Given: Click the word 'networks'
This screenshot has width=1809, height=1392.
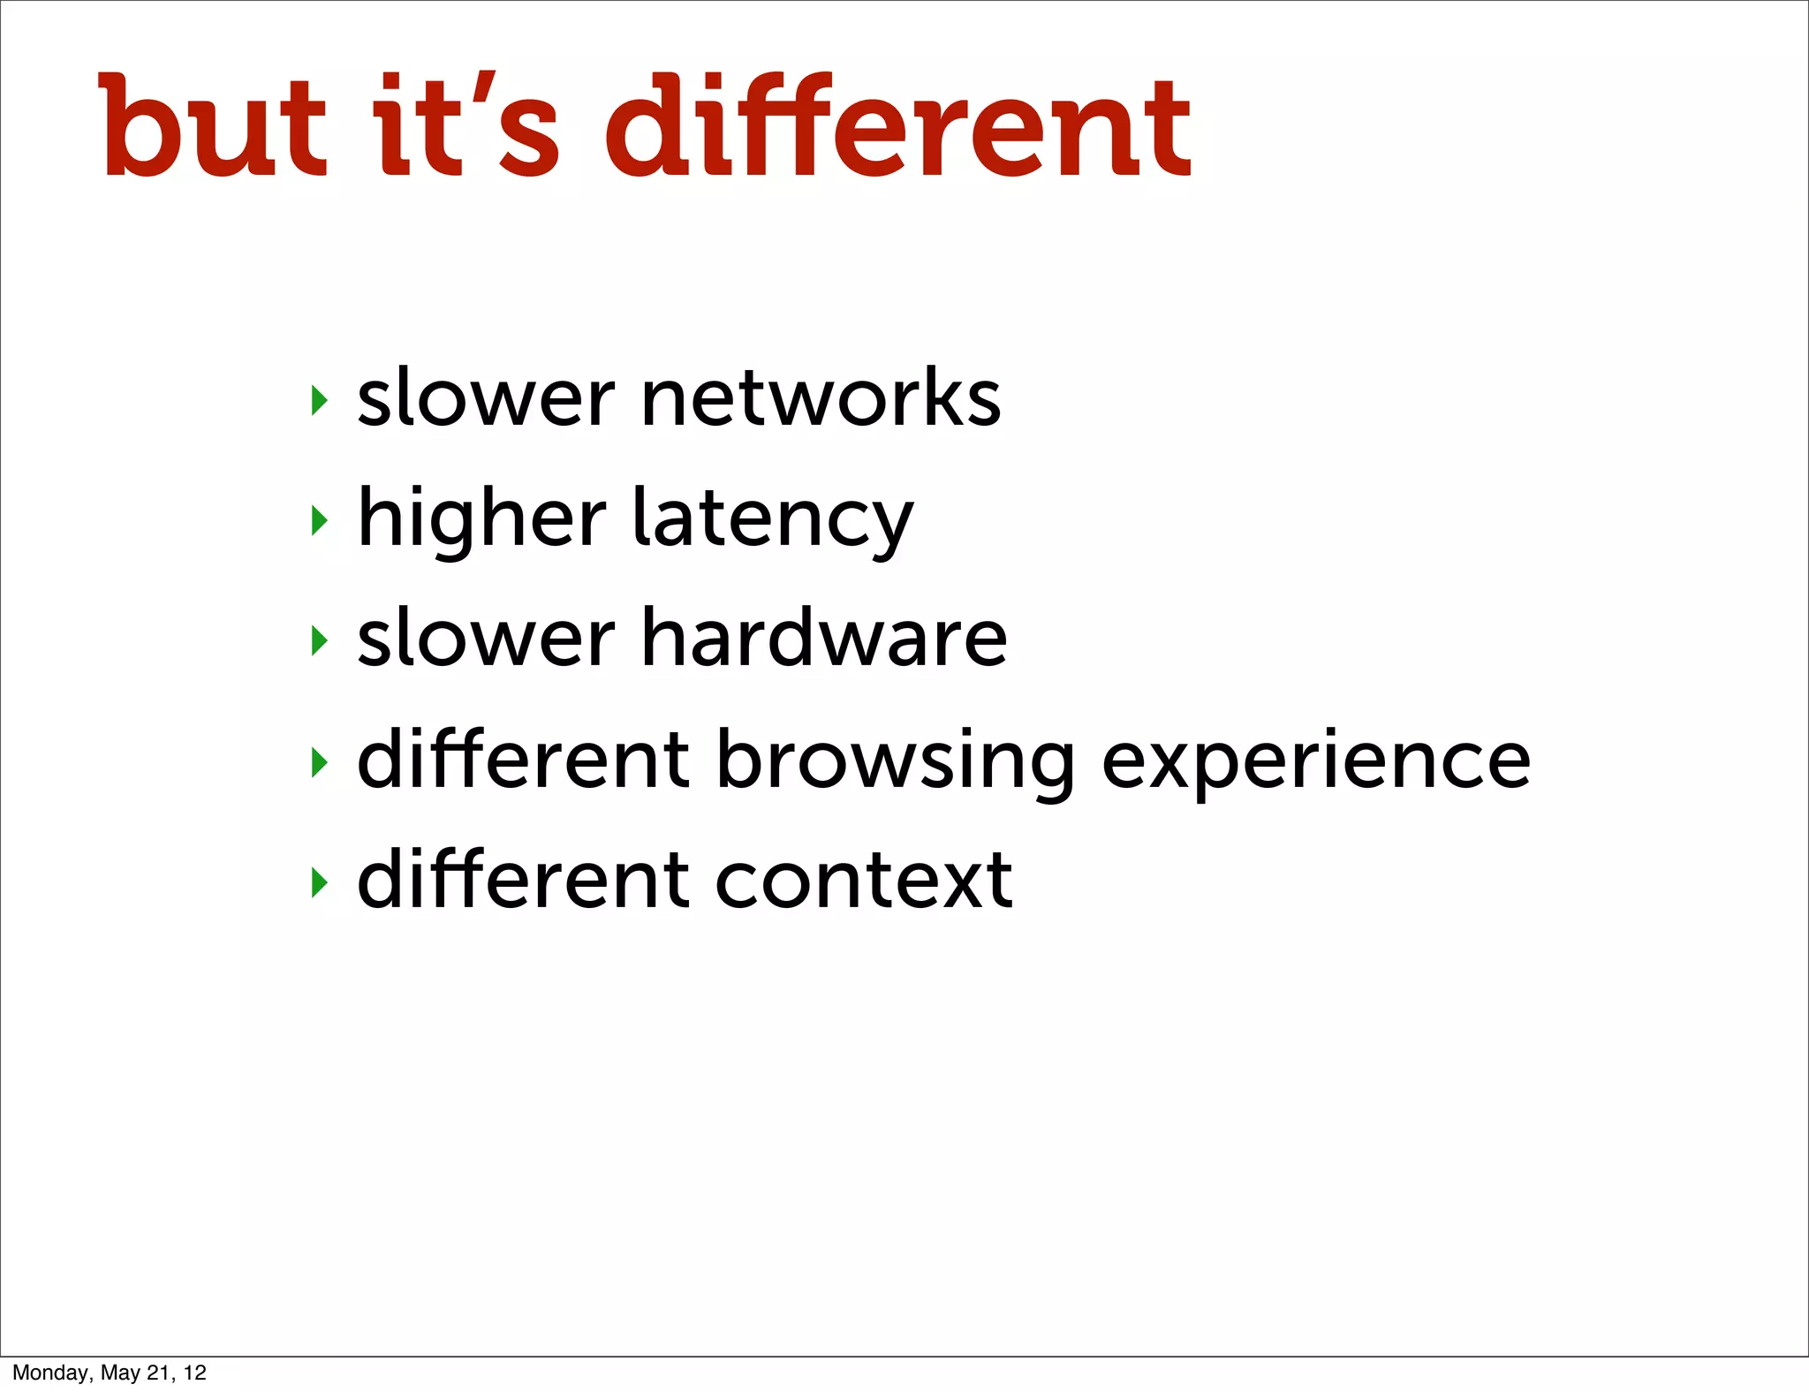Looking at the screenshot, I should [821, 398].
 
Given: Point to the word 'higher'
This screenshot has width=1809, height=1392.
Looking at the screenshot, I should [481, 521].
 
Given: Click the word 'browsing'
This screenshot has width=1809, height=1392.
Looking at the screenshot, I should [895, 761].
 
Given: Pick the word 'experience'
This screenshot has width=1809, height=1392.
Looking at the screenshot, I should [1316, 761].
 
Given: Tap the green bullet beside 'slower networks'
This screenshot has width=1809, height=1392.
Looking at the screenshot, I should [320, 400].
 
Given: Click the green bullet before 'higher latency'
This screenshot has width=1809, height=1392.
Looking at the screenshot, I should [320, 520].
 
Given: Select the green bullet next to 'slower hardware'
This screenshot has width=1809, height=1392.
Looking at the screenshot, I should [320, 640].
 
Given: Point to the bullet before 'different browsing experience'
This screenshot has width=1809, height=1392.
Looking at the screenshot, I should [320, 761].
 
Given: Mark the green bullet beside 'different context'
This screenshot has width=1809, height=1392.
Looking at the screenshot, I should [320, 881].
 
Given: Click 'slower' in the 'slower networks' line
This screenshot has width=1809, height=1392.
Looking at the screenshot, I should [485, 398].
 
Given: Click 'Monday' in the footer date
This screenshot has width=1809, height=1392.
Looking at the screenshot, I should [51, 1373].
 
